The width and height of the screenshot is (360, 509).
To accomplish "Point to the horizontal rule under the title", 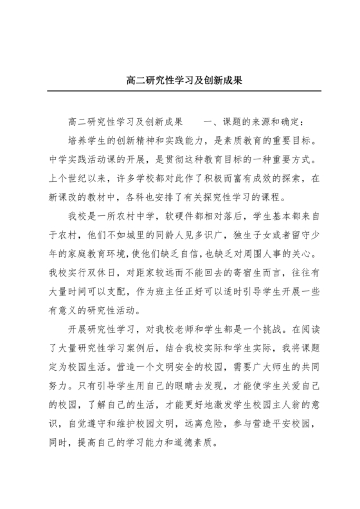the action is [179, 91].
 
